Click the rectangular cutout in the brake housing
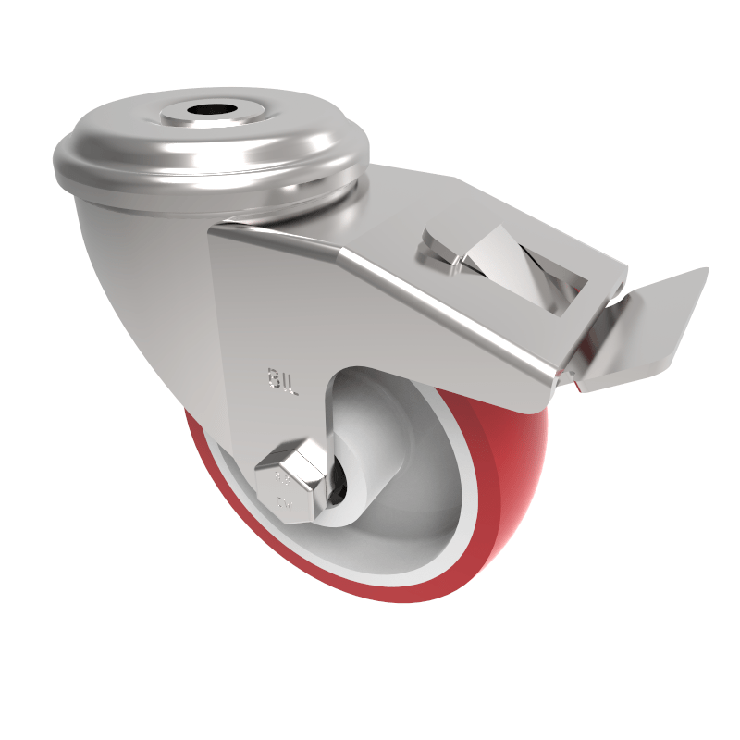(527, 264)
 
